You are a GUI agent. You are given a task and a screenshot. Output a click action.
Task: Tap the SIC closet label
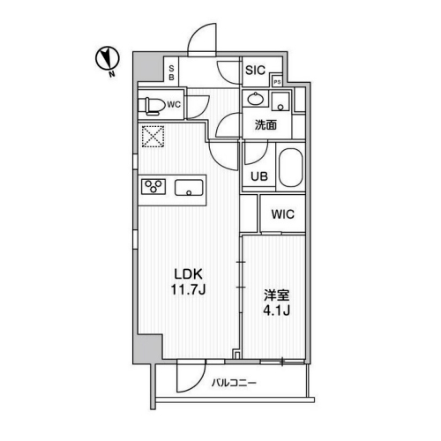click(x=255, y=71)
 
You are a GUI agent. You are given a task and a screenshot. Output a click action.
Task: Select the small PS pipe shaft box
click(x=277, y=82)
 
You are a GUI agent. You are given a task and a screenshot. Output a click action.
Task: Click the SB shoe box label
click(x=171, y=72)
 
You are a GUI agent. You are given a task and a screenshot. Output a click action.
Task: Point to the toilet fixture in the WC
click(x=151, y=106)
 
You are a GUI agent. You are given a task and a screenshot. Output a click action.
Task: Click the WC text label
click(x=174, y=104)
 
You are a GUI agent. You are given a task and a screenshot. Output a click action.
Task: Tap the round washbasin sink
click(x=255, y=99)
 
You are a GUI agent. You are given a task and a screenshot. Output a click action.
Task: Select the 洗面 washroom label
click(x=265, y=125)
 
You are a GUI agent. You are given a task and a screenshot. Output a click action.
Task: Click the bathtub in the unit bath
click(x=291, y=168)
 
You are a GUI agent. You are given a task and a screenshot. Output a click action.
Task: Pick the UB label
click(x=259, y=176)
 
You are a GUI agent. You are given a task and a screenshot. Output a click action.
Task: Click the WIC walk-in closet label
click(x=282, y=214)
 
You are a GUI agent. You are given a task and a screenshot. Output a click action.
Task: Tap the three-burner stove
click(x=153, y=186)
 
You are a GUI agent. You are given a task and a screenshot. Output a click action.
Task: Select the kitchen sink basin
click(x=189, y=188)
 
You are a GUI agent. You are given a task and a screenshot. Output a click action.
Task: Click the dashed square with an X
click(x=153, y=137)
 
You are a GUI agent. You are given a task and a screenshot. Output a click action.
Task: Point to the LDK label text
click(x=189, y=274)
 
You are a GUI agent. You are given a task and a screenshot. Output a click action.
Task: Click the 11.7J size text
click(x=188, y=290)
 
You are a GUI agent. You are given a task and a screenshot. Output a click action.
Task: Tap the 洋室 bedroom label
click(x=277, y=295)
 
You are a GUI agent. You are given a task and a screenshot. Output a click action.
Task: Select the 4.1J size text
click(x=277, y=310)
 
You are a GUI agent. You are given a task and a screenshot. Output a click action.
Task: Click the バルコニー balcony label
click(x=234, y=383)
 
